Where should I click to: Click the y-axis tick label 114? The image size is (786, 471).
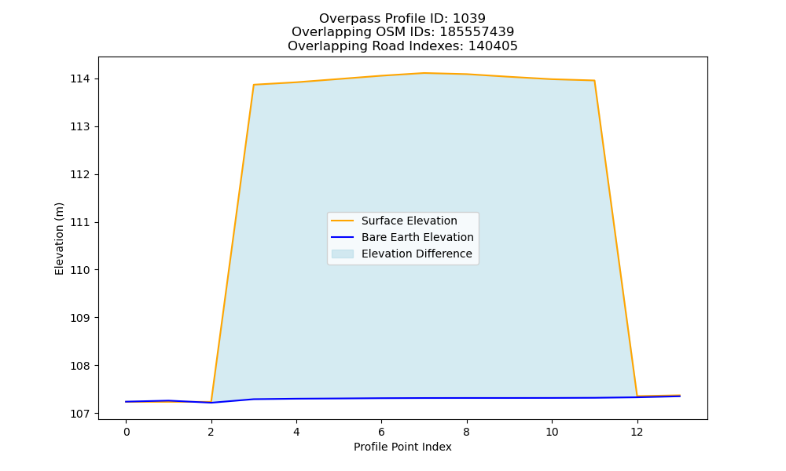79,79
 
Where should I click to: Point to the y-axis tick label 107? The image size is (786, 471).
79,414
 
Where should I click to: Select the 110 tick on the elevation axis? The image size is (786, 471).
79,270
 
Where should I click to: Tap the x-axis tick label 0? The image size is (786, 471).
127,432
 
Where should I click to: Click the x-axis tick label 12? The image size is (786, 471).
637,432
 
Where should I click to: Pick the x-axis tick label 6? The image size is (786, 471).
381,432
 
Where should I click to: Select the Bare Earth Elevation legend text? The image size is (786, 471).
417,237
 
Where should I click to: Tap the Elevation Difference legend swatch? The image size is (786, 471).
343,254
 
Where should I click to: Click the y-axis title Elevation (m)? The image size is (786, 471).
59,239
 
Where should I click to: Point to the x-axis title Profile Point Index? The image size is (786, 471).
402,447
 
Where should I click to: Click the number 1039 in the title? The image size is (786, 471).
469,19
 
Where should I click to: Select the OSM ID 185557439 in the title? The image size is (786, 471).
477,32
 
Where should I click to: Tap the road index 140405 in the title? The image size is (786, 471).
493,46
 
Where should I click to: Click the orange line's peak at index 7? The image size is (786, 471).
424,73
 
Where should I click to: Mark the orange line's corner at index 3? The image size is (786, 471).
254,85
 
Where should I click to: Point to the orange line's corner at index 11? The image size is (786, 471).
594,81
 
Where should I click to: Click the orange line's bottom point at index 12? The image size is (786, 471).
637,396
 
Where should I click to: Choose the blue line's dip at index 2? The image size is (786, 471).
211,403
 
